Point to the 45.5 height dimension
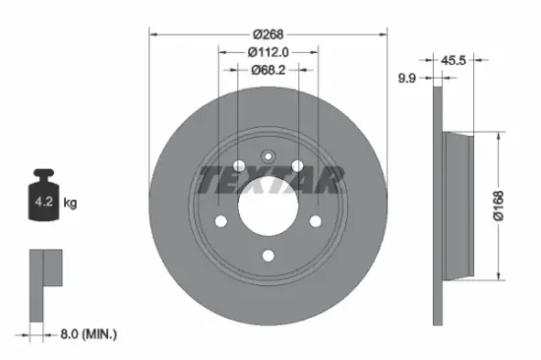pyautogui.click(x=453, y=60)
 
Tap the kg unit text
pyautogui.click(x=71, y=204)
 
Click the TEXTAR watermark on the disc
pyautogui.click(x=270, y=180)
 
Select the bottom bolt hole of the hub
pyautogui.click(x=268, y=257)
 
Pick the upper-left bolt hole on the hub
pyautogui.click(x=237, y=164)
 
